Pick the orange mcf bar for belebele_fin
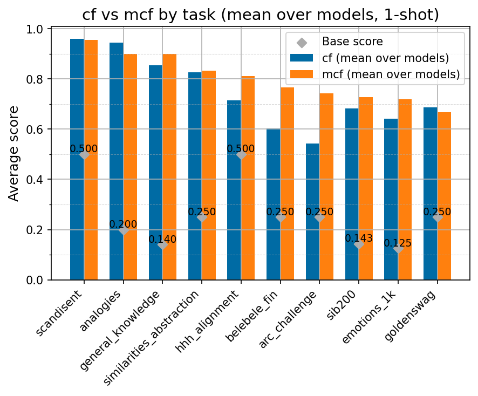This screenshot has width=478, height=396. point(287,183)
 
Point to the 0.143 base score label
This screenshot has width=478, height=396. point(359,238)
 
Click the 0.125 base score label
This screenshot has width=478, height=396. point(398,243)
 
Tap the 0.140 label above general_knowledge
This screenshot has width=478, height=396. point(162,239)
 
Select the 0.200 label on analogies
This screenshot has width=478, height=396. point(123,224)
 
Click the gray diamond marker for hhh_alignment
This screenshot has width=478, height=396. point(241,155)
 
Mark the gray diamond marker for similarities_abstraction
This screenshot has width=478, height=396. point(202,217)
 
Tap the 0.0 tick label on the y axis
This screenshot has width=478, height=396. point(36,280)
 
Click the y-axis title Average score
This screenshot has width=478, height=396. point(13,154)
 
